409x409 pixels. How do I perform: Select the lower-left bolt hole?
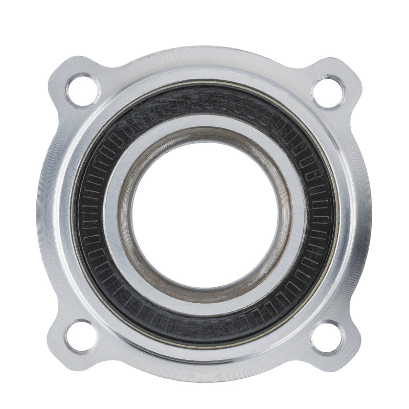click(81, 336)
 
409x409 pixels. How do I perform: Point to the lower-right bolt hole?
click(328, 336)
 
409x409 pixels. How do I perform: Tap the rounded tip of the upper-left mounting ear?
click(57, 72)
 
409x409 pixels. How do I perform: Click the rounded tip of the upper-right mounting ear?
click(353, 72)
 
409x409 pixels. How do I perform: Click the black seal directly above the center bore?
click(204, 100)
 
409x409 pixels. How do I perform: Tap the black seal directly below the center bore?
click(204, 327)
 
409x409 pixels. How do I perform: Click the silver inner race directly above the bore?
click(204, 123)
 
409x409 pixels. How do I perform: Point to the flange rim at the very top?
click(204, 51)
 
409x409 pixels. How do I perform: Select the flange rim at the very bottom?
click(204, 376)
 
